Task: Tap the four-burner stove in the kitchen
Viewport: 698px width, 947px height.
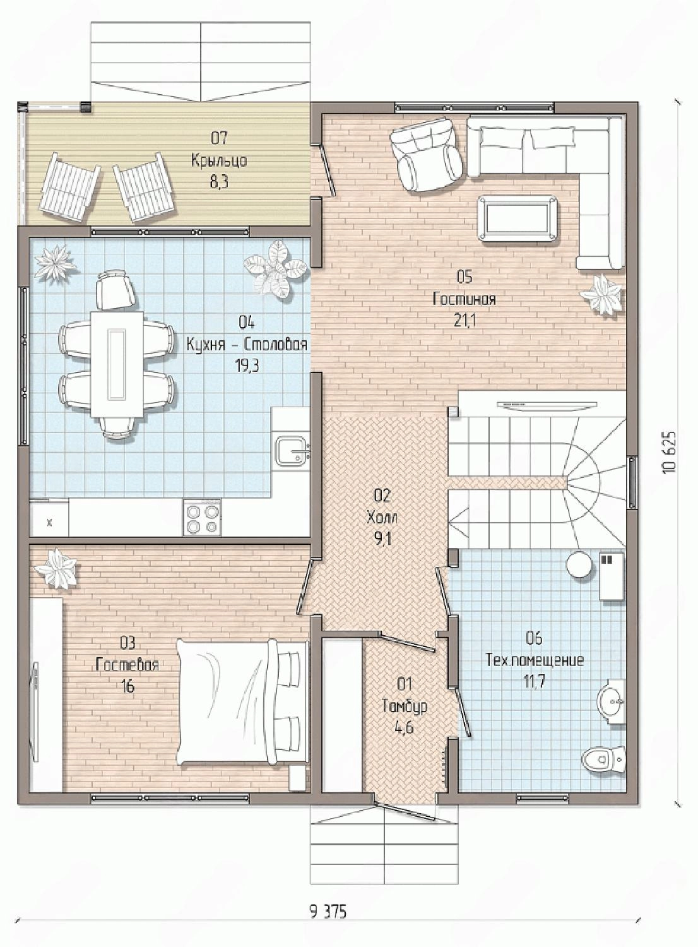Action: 203,518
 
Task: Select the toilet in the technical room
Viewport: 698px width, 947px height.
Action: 603,759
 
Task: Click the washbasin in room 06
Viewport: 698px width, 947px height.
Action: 611,701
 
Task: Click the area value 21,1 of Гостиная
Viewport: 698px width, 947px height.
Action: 464,321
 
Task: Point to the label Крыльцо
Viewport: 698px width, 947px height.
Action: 219,160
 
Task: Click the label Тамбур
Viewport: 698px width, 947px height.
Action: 405,706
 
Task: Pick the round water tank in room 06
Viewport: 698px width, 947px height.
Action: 580,565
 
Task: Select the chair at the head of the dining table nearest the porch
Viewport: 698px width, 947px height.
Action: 115,290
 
